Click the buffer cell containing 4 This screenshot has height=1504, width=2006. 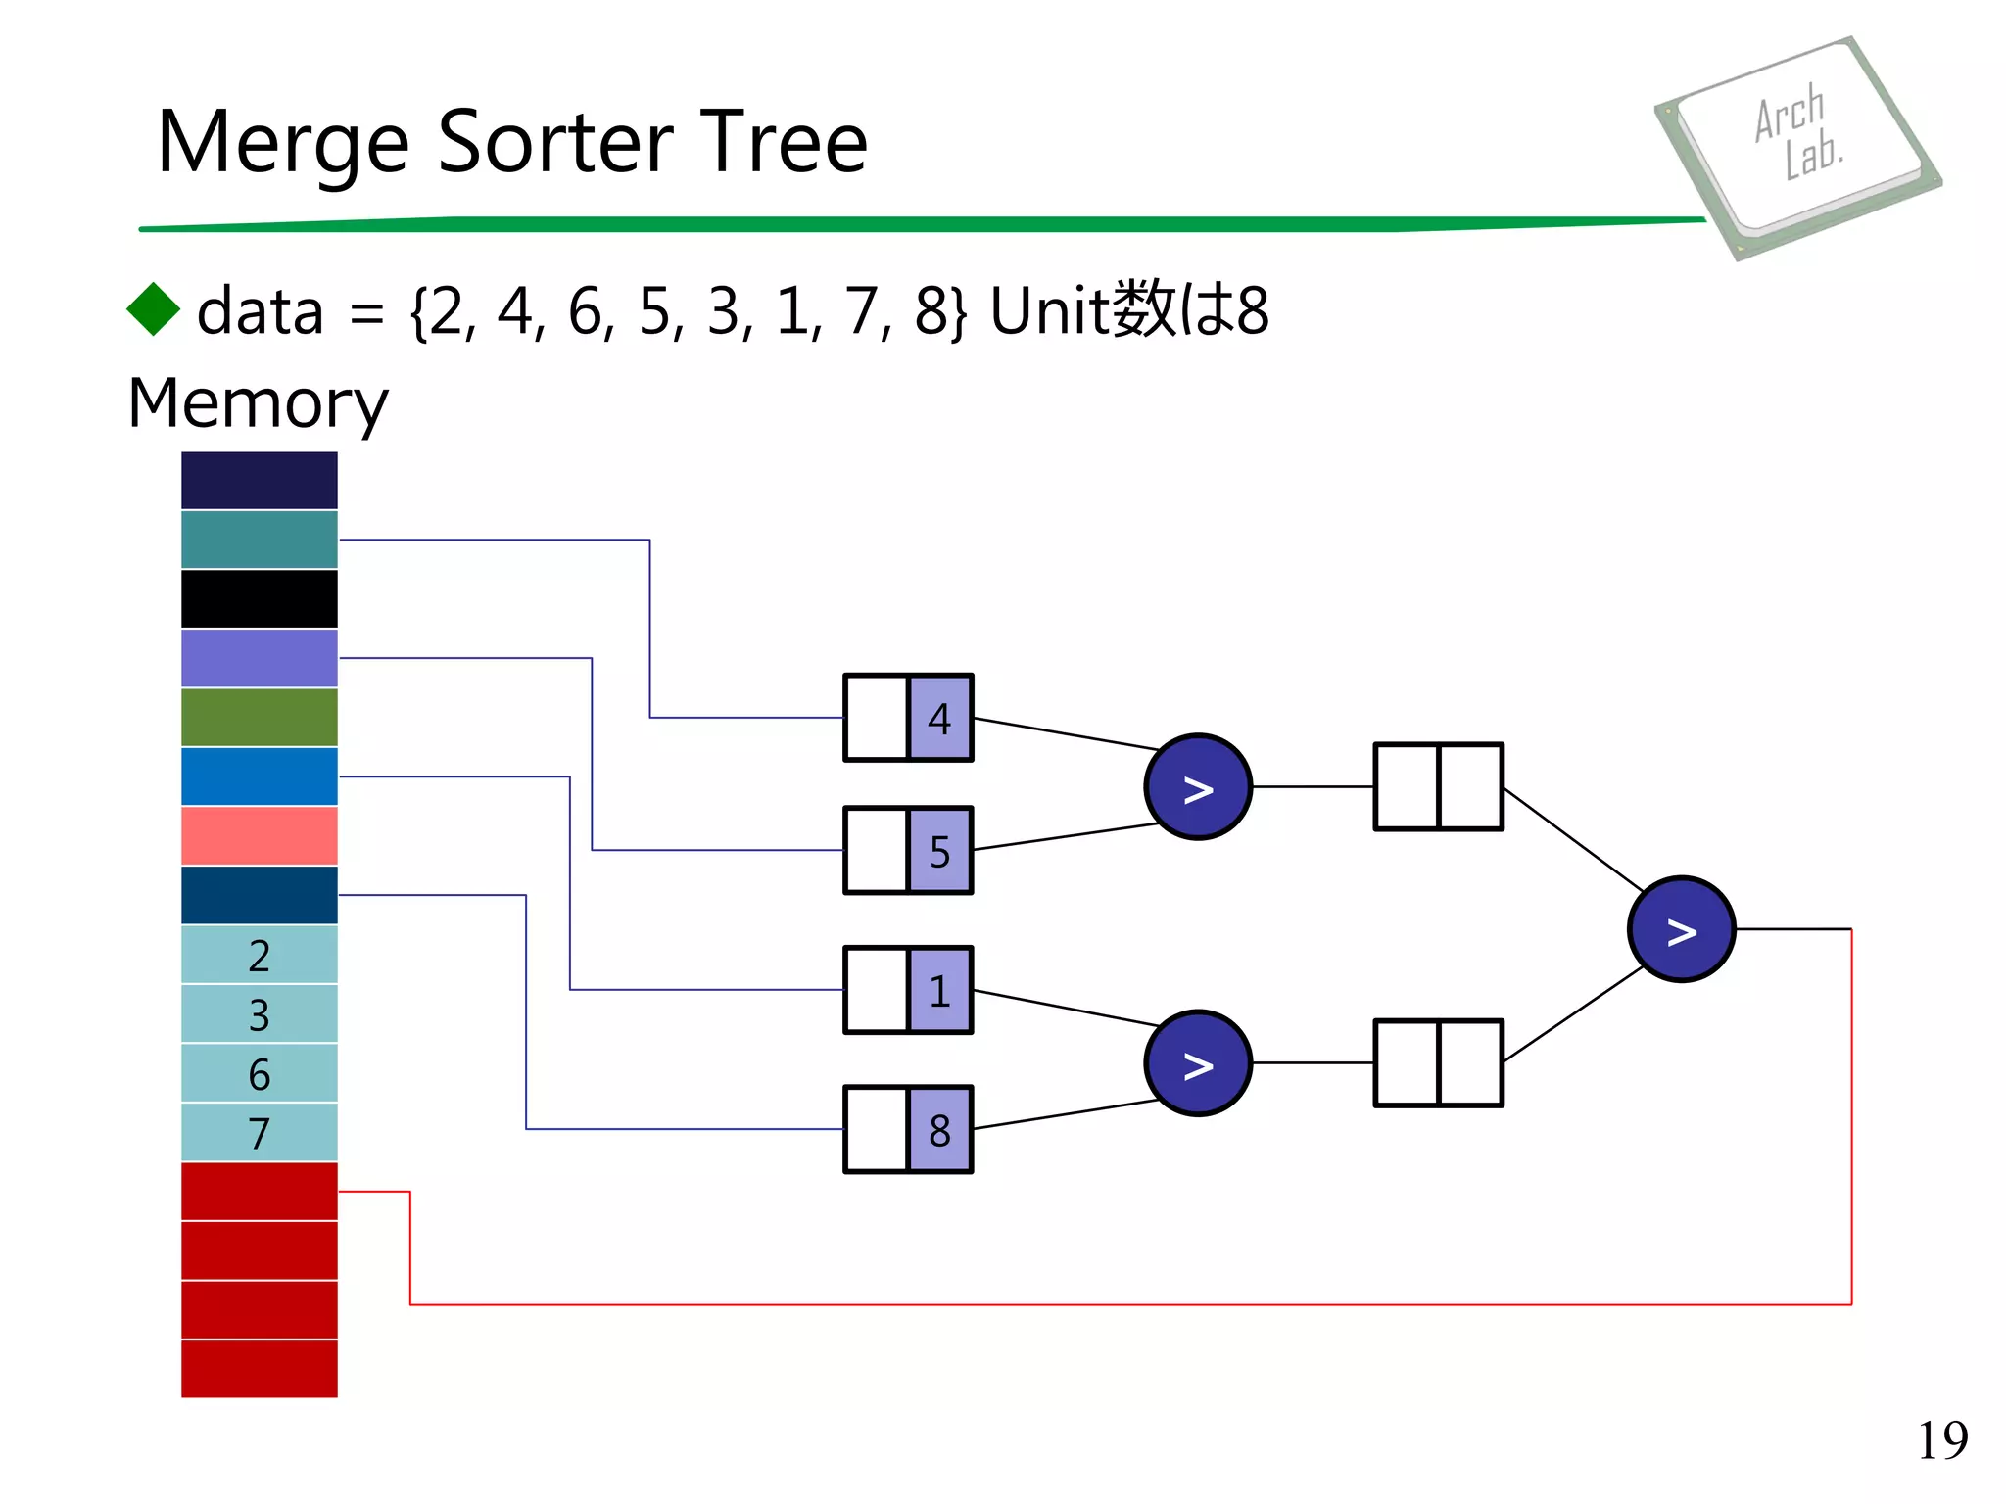click(x=939, y=718)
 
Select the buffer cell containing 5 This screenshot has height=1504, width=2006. click(x=939, y=851)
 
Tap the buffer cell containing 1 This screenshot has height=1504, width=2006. click(x=939, y=990)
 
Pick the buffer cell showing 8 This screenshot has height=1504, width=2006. click(x=939, y=1130)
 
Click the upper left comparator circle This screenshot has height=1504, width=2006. click(x=1197, y=786)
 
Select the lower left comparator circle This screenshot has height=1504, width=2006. click(x=1197, y=1063)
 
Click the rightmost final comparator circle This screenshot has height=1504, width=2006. click(x=1681, y=929)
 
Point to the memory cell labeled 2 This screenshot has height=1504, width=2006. click(x=259, y=955)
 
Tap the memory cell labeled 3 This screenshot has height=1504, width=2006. click(x=259, y=1014)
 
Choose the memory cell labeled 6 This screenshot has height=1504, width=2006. click(x=259, y=1073)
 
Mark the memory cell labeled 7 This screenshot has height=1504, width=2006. click(x=259, y=1133)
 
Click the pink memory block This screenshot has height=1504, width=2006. click(x=259, y=835)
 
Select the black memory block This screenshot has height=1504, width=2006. click(x=259, y=598)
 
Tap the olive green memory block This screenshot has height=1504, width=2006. click(x=259, y=717)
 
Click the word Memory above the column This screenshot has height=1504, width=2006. click(x=258, y=402)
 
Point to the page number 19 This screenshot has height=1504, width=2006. click(x=1941, y=1440)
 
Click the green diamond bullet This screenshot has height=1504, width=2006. click(x=154, y=309)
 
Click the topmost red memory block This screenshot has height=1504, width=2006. click(x=259, y=1191)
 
